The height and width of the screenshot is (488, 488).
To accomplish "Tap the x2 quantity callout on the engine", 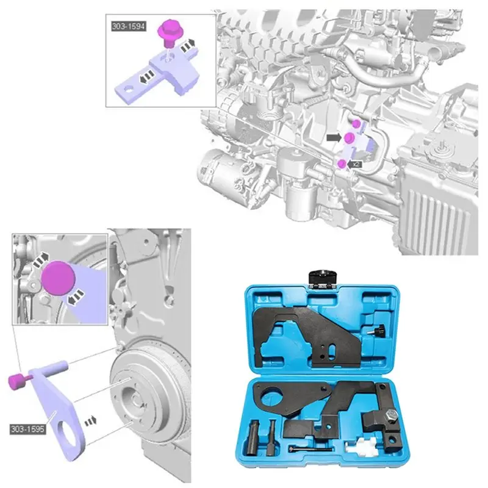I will point(357,164).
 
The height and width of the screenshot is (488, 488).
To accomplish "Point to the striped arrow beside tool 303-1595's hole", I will point(90,420).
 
